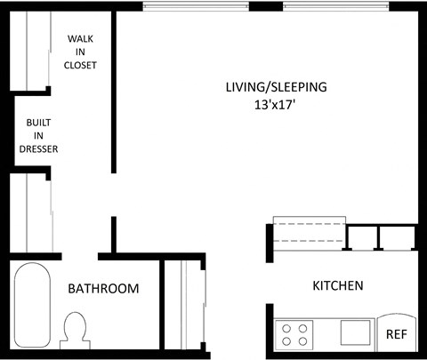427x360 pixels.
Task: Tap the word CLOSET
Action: [81, 66]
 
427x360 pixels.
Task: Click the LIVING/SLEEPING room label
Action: [275, 87]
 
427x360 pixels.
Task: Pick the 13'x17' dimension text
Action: [275, 104]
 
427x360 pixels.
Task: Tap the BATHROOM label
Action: [104, 288]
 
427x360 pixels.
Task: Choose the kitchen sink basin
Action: [356, 333]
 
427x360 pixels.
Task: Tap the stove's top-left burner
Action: [286, 328]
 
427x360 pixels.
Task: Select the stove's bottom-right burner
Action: [303, 340]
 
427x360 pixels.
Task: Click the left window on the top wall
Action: [196, 7]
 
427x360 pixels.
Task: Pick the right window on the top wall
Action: [335, 7]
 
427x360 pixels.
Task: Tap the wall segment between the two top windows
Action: [265, 7]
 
